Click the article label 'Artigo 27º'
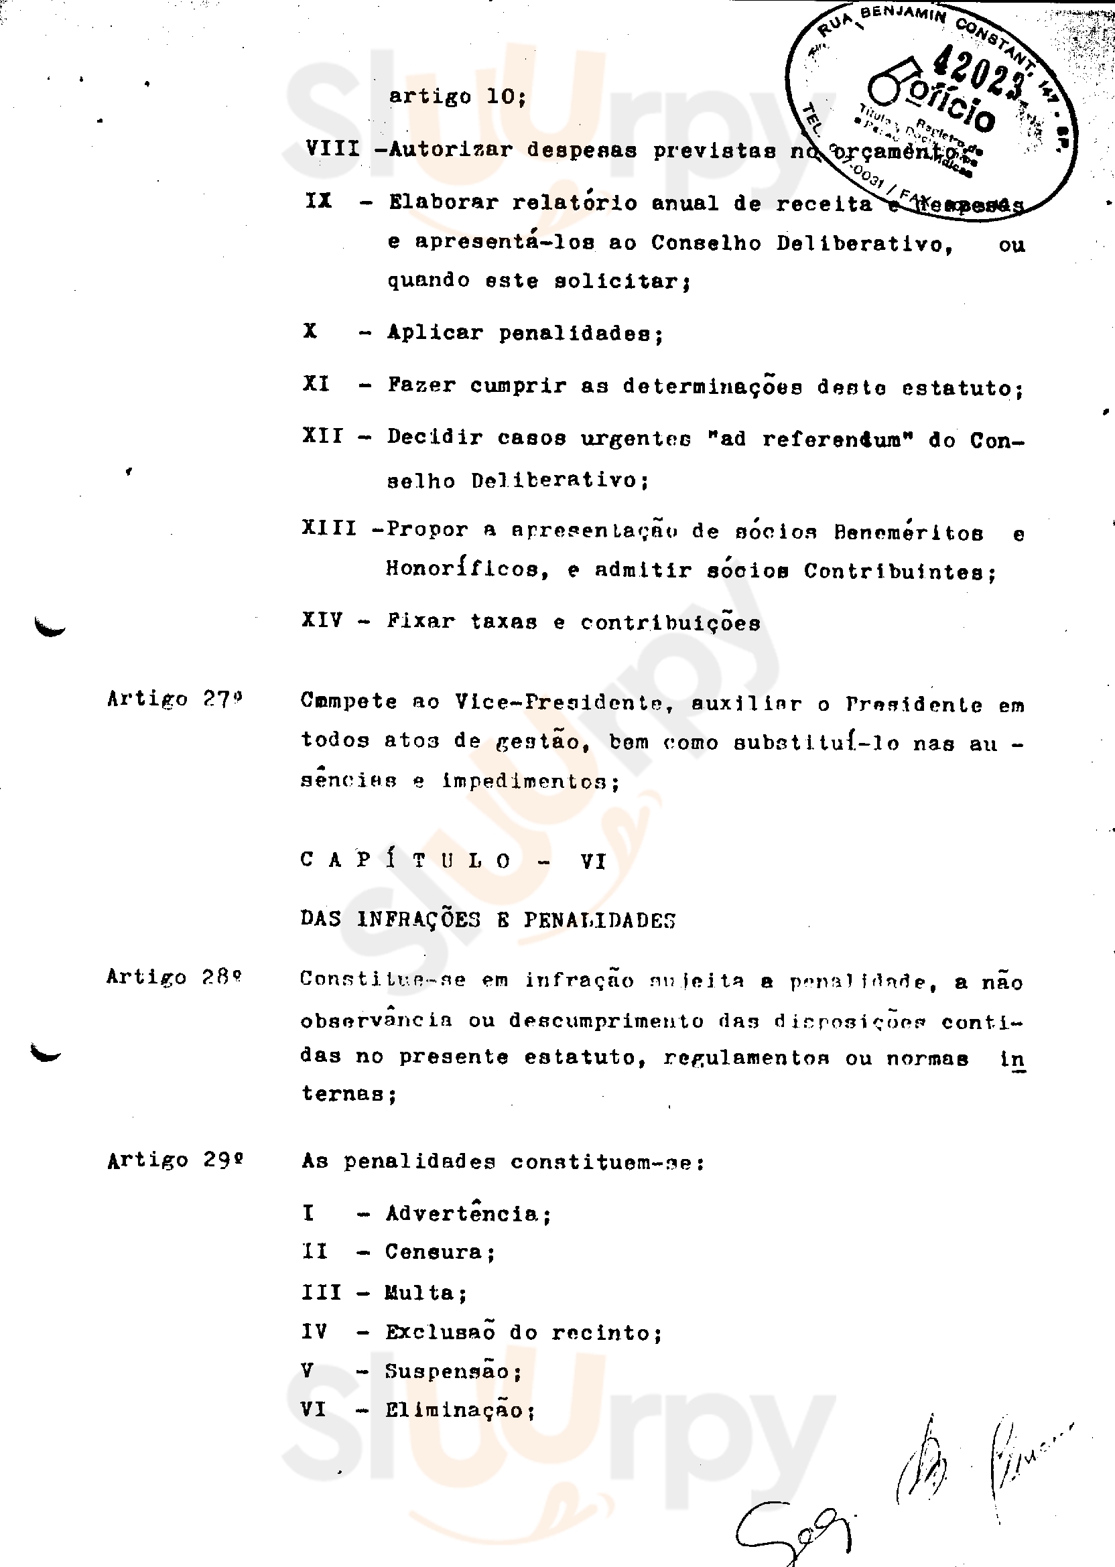coord(174,699)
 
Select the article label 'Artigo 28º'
coord(174,977)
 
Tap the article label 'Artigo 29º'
coord(175,1160)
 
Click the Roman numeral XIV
coord(322,620)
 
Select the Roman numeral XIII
coord(329,529)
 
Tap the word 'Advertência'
coord(462,1213)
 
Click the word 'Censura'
coord(434,1252)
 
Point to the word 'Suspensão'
coord(447,1371)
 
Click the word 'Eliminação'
coord(454,1410)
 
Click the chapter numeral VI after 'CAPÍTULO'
coord(593,861)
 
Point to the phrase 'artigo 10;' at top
coord(457,96)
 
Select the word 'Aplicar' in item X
coord(436,332)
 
